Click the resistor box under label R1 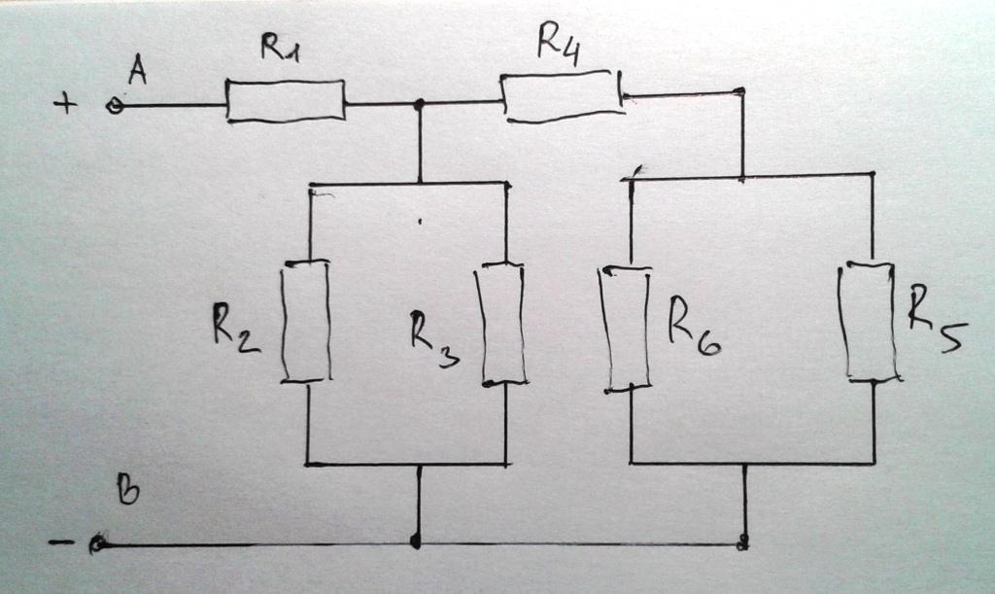[x=286, y=101]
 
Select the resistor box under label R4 [x=562, y=96]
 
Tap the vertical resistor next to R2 [x=306, y=322]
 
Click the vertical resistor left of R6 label [x=627, y=329]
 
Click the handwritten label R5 [x=936, y=316]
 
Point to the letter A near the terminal [x=137, y=71]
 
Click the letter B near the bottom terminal [x=127, y=491]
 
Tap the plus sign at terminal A [x=65, y=103]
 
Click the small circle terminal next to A [x=114, y=106]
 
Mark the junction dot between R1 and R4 [x=420, y=103]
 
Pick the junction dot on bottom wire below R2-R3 [x=417, y=542]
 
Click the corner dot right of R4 [x=741, y=91]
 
